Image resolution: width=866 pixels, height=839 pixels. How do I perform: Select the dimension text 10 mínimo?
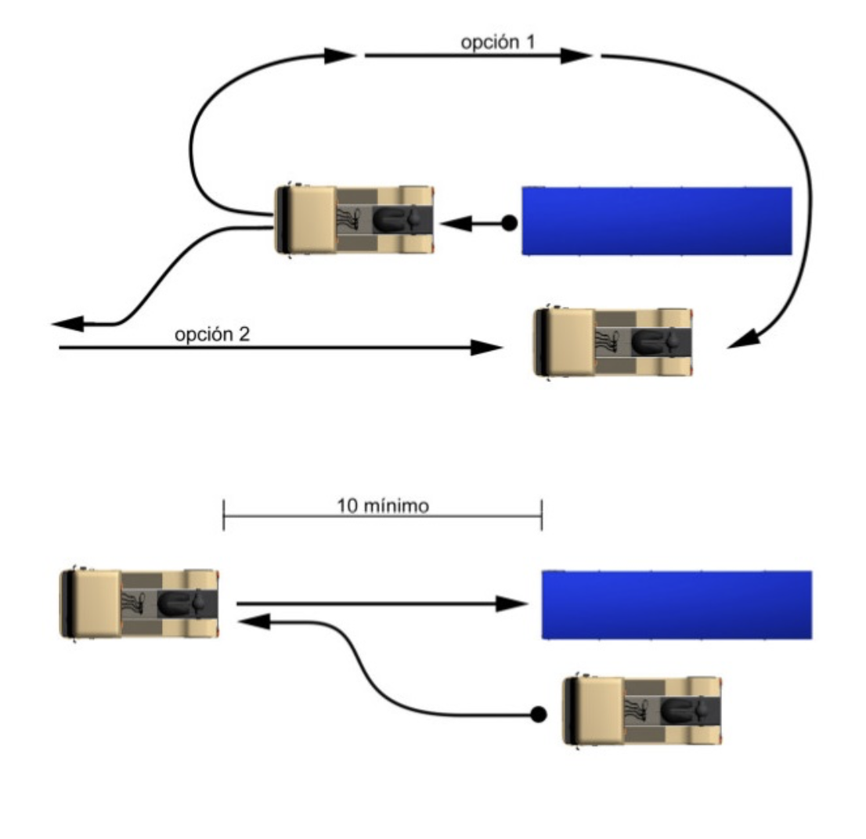[383, 506]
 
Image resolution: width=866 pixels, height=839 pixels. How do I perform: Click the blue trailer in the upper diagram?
[657, 221]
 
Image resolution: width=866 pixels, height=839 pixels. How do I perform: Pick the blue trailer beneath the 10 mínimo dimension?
[677, 604]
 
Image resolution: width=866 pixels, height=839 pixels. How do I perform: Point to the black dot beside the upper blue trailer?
[508, 224]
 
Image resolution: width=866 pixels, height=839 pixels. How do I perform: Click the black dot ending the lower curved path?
[538, 714]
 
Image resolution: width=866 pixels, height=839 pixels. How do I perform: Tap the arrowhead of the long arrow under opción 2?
[485, 347]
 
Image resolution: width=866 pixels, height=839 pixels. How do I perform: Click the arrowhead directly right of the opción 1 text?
[580, 56]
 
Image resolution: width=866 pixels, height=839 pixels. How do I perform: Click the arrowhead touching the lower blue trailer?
[514, 603]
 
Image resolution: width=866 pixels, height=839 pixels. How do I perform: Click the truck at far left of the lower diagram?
[139, 603]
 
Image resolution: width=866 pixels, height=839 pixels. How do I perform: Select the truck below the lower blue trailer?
[642, 710]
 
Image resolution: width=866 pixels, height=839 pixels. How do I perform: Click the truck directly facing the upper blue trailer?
[354, 220]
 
